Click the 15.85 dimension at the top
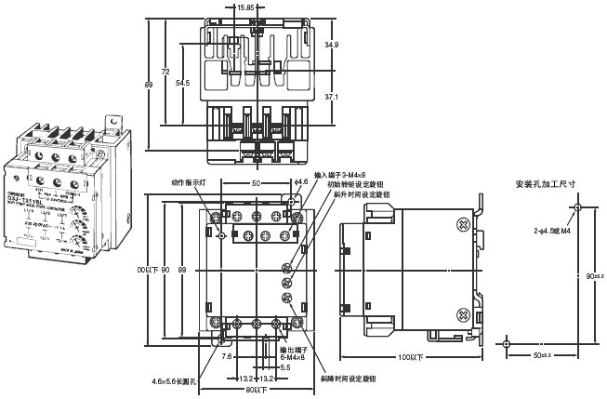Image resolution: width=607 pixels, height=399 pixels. pyautogui.click(x=245, y=7)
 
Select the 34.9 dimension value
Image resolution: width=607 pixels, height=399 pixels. pyautogui.click(x=332, y=44)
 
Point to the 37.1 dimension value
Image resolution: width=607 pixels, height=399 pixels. pyautogui.click(x=332, y=97)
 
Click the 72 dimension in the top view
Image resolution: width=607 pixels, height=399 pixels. pyautogui.click(x=166, y=72)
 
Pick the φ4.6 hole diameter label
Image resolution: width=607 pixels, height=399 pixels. pyautogui.click(x=300, y=182)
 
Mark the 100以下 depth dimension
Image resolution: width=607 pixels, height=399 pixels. pyautogui.click(x=410, y=357)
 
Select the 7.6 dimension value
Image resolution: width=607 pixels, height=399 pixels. pyautogui.click(x=228, y=354)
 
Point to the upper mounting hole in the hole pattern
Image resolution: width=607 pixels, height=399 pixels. pyautogui.click(x=577, y=206)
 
